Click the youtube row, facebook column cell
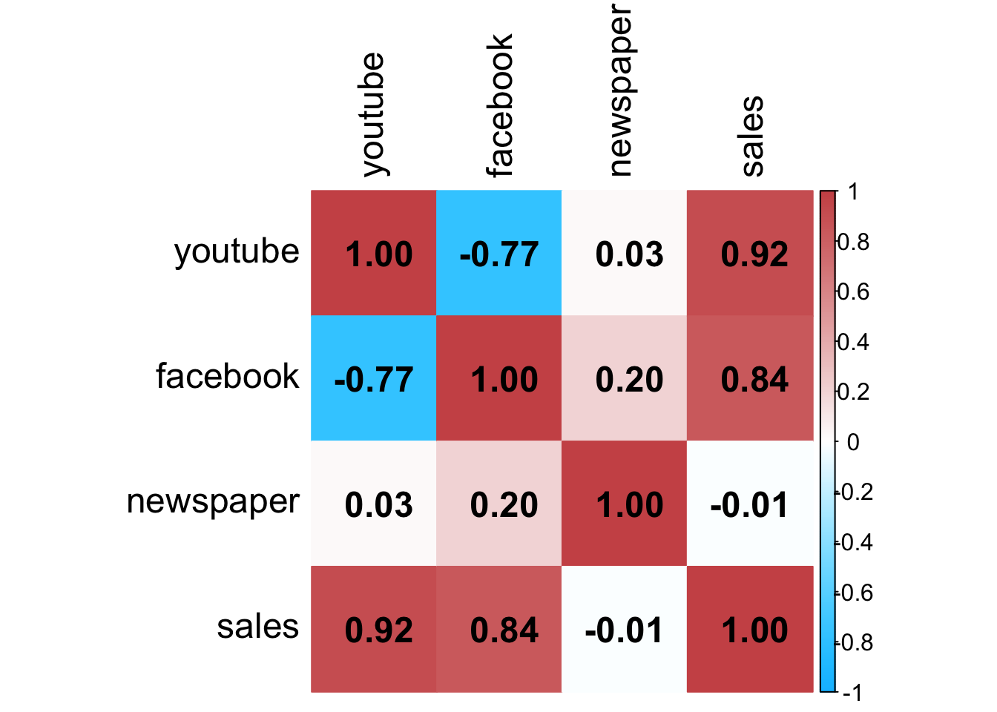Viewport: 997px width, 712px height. click(498, 254)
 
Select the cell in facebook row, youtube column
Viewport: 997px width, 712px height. click(373, 379)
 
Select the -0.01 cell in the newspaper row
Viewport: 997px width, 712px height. click(750, 504)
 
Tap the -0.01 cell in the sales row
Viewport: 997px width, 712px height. click(624, 630)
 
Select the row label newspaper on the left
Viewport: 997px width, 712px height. click(213, 502)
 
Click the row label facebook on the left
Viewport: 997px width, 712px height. click(227, 377)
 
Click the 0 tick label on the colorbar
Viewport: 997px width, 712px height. click(853, 442)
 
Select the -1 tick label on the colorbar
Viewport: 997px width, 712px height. click(852, 693)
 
